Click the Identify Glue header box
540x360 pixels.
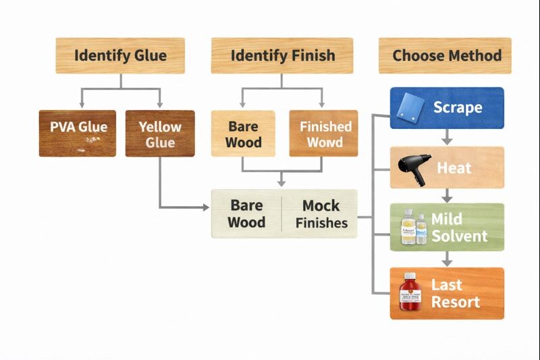[120, 55]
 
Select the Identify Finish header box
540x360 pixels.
[281, 55]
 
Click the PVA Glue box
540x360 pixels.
[78, 133]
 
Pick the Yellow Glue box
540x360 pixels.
[160, 133]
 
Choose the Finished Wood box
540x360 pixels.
[323, 133]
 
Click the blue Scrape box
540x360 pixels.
[446, 107]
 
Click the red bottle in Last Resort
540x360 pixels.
[409, 292]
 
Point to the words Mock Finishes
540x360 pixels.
[321, 214]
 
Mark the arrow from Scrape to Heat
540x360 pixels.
[446, 137]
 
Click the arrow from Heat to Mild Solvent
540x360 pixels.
[446, 196]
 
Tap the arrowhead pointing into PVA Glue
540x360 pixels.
[82, 104]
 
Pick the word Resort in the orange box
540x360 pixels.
[456, 301]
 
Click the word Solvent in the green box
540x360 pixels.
[459, 236]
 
